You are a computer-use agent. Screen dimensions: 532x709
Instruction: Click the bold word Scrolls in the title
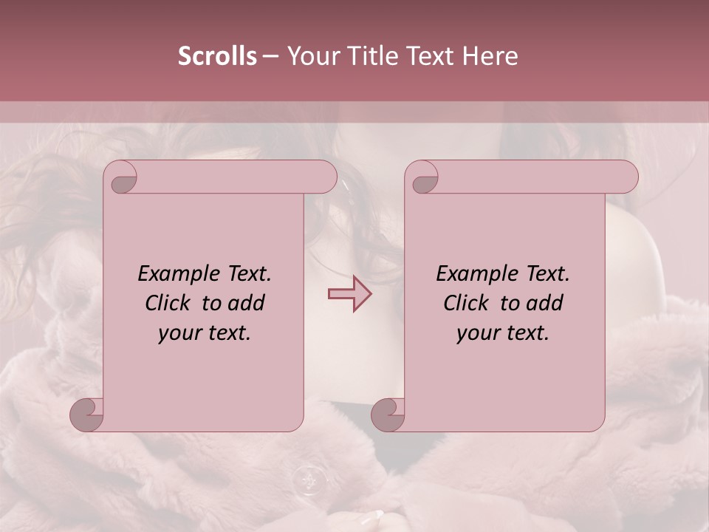[x=218, y=56]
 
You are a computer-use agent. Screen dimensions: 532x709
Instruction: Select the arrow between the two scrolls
[x=350, y=293]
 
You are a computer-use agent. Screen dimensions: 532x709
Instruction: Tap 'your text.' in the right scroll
[x=503, y=333]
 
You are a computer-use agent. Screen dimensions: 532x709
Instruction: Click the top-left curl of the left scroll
[x=121, y=179]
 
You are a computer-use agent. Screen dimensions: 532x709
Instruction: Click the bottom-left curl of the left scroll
[x=86, y=415]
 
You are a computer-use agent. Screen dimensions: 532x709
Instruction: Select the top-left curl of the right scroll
[x=422, y=179]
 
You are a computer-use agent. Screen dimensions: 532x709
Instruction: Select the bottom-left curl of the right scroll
[x=388, y=415]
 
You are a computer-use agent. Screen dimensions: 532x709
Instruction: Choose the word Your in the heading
[x=310, y=56]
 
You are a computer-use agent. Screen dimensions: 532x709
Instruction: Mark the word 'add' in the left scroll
[x=247, y=303]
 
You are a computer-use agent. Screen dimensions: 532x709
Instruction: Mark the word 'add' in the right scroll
[x=545, y=303]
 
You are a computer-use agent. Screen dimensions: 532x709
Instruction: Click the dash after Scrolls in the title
[x=271, y=56]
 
